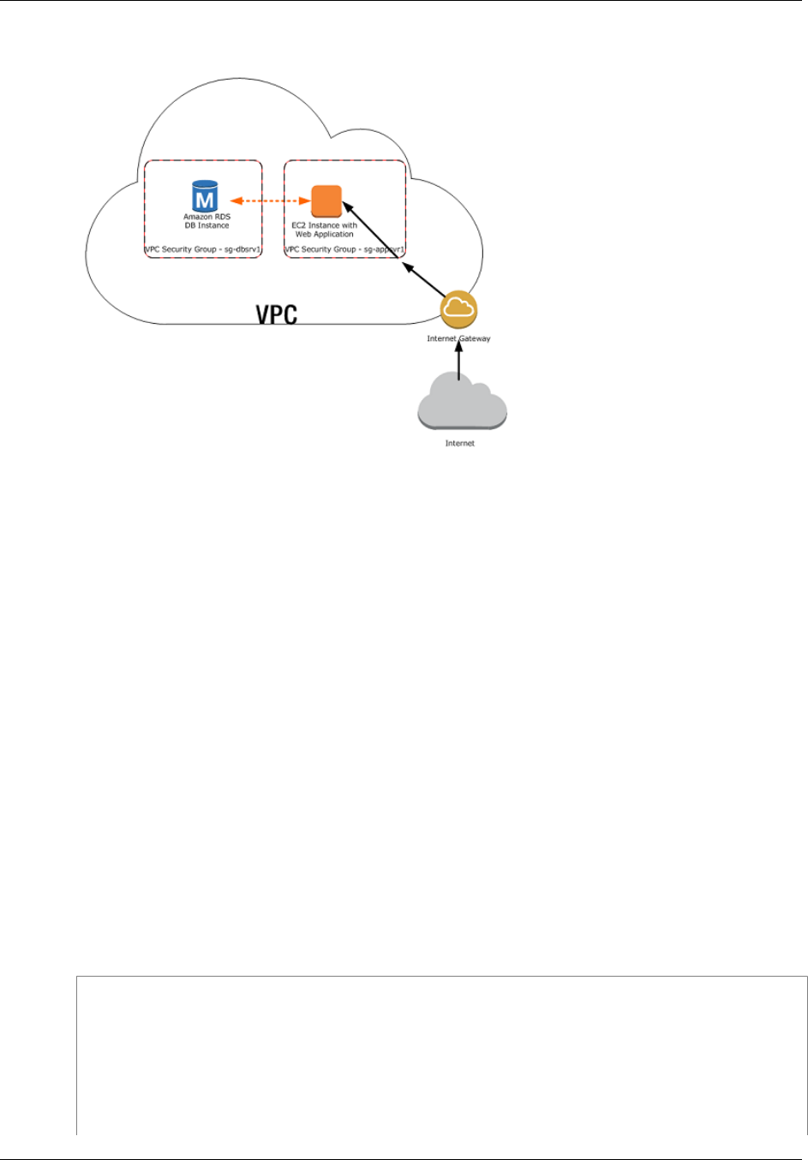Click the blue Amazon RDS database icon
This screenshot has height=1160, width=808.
205,196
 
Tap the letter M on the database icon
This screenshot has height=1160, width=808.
205,200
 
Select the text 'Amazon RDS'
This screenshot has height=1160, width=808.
206,218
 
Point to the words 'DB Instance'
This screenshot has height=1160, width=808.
206,226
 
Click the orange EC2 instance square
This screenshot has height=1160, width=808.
326,200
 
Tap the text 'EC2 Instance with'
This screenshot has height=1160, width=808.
325,225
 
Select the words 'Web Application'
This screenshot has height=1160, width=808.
325,234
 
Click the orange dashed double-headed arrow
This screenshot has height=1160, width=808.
271,201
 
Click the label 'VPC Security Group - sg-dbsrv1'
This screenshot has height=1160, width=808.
203,249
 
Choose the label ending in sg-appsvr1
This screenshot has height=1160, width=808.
344,249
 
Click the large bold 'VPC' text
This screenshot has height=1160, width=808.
277,314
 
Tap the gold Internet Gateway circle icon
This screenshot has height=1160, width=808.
458,310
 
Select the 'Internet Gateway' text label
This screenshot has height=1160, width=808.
458,338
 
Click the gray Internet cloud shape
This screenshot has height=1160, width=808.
462,404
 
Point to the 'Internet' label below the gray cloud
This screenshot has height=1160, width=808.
460,444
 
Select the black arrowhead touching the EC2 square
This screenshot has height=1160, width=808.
348,207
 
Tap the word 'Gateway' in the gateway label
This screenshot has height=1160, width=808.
475,338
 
